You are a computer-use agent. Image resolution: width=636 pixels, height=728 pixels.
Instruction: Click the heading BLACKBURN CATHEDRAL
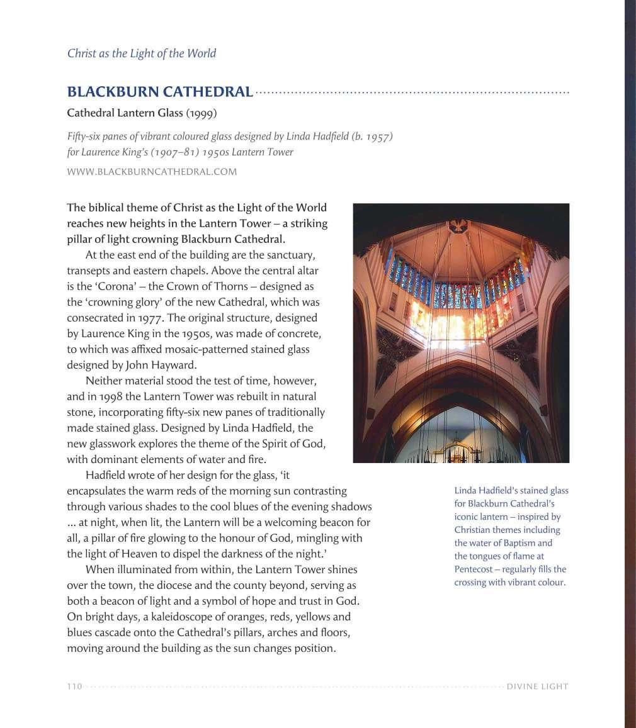[160, 92]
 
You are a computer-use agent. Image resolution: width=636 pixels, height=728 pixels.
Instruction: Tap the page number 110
[74, 686]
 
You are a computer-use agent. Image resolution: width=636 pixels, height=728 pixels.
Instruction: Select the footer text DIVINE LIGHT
[537, 686]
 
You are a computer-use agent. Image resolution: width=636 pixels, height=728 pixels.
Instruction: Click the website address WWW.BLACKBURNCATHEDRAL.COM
[152, 172]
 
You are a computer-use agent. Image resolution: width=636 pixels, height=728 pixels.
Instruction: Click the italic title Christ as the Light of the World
[142, 53]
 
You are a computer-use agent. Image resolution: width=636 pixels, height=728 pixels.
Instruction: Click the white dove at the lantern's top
[457, 225]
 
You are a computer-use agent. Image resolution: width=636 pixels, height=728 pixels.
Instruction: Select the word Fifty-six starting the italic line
[84, 137]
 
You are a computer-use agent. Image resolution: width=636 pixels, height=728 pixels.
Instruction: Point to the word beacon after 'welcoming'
[315, 522]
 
